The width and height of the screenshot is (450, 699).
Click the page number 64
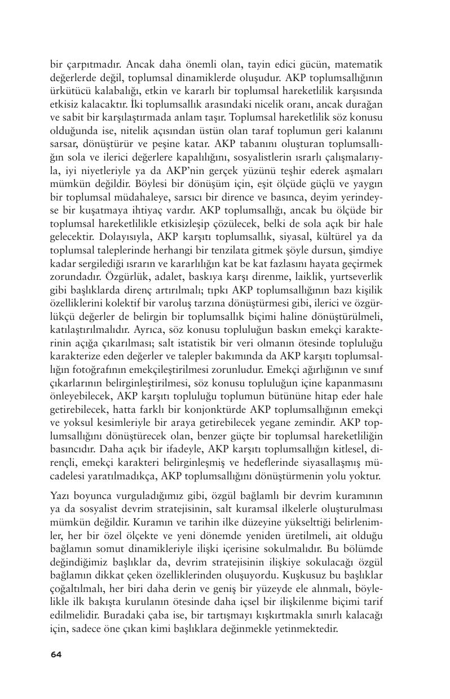tap(56, 654)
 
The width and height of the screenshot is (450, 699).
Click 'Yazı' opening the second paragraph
tap(60, 496)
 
